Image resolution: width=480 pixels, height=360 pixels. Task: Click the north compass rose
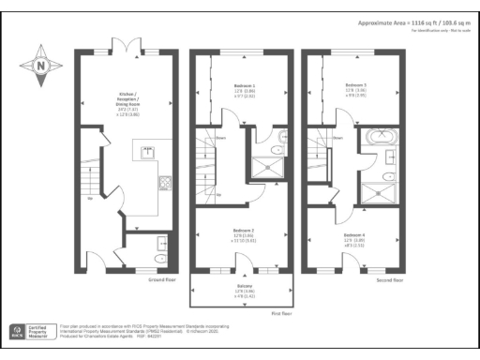pos(39,66)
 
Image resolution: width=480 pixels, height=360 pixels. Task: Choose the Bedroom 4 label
pos(354,237)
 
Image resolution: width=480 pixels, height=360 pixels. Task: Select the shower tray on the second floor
pos(381,192)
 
